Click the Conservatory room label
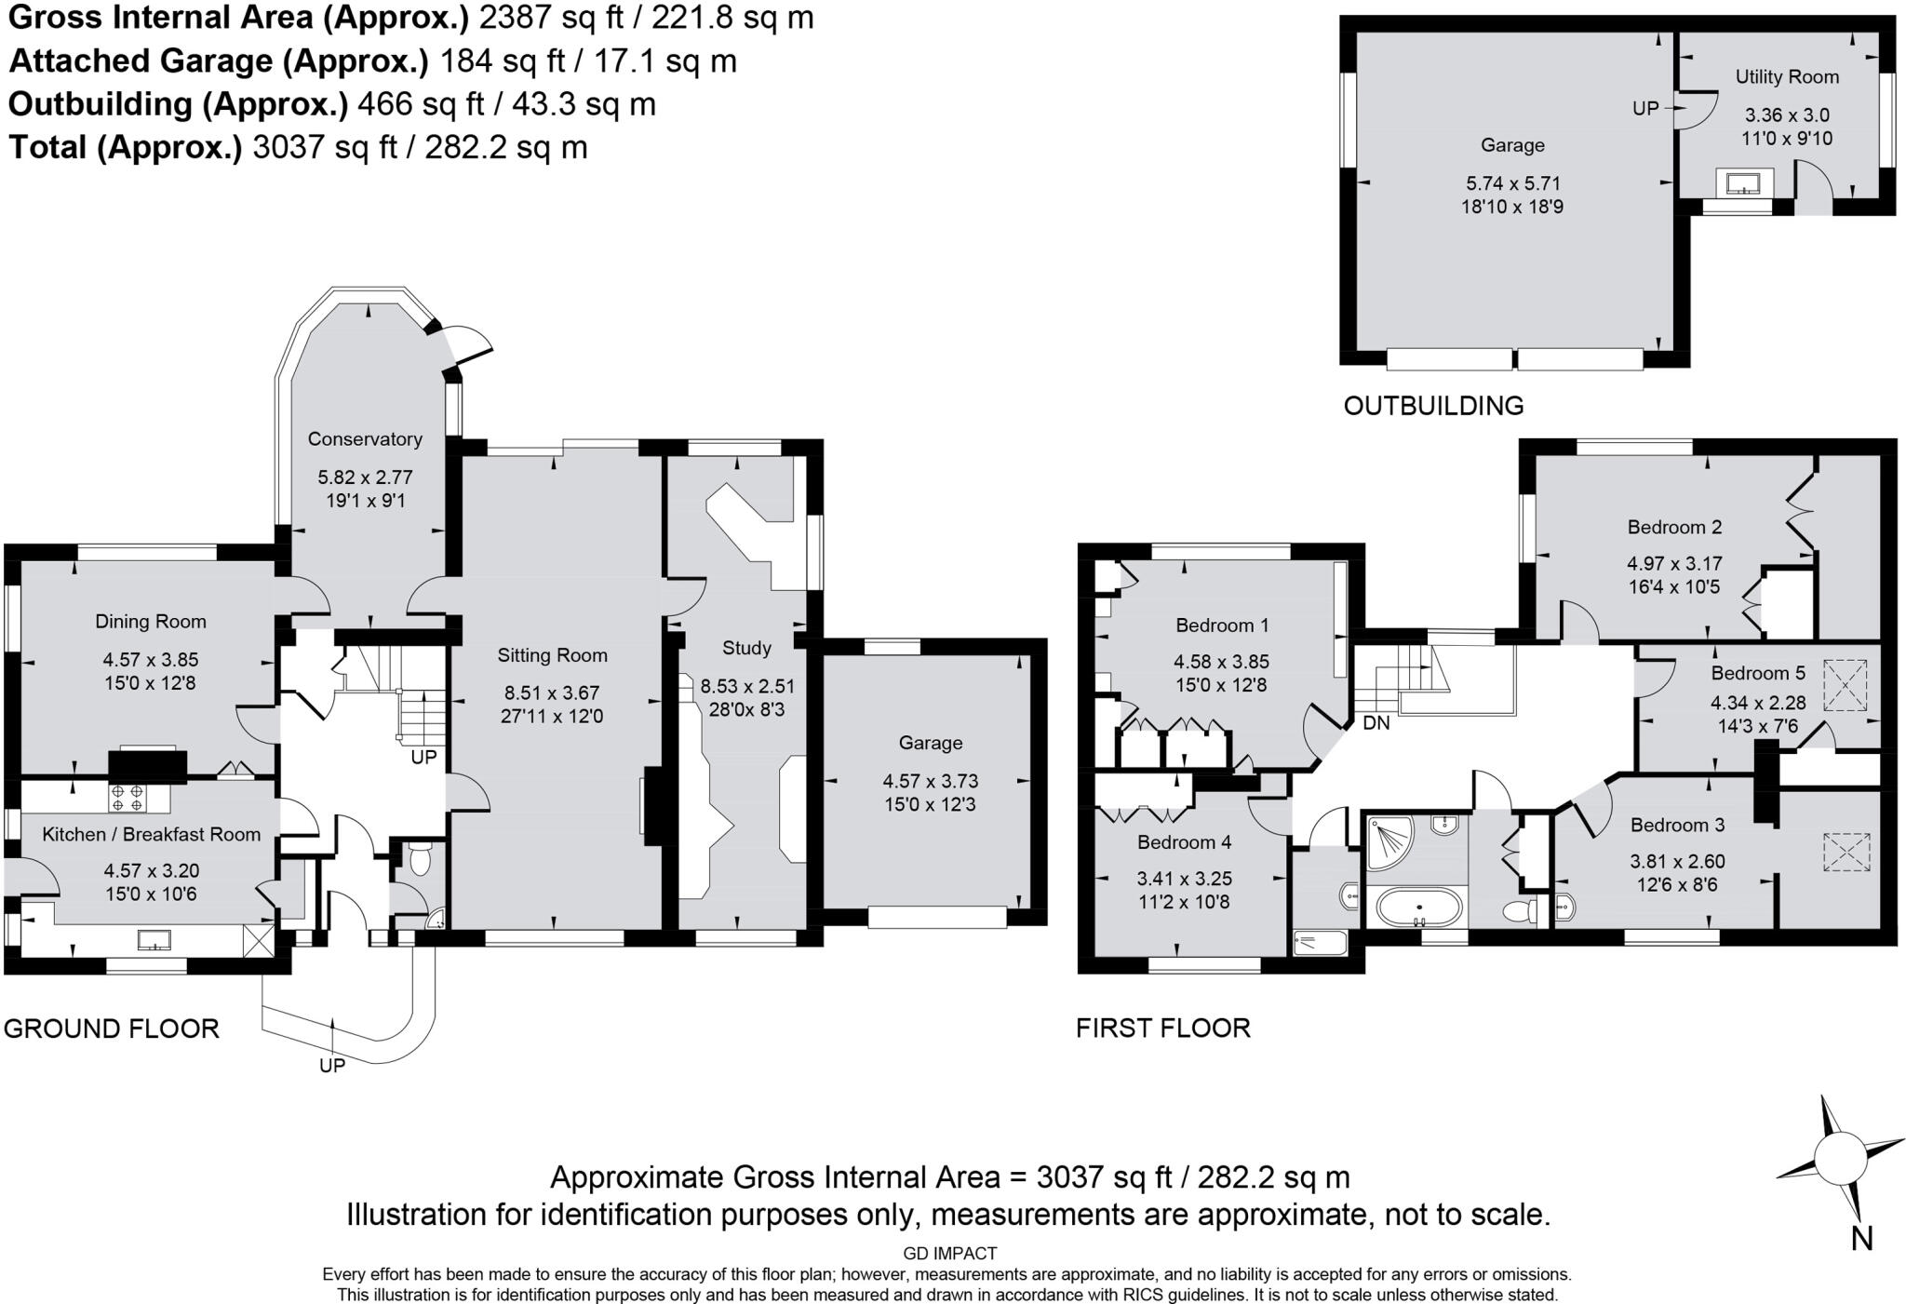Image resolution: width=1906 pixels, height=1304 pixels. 365,438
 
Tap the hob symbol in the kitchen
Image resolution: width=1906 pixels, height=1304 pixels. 127,798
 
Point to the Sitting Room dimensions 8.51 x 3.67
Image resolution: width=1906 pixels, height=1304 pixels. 552,692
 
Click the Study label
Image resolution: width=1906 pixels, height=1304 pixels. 746,648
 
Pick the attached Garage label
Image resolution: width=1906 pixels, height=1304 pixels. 930,743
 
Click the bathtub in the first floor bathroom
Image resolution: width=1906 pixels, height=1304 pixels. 1419,907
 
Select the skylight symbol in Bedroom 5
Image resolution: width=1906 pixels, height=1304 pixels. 1845,686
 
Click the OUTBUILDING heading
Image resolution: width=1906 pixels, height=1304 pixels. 1433,406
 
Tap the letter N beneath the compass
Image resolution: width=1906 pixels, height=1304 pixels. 1860,1238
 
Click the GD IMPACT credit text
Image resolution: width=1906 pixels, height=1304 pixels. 949,1254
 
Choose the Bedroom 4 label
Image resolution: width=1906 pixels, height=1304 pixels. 1184,842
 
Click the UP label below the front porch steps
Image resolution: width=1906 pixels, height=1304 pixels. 332,1066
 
